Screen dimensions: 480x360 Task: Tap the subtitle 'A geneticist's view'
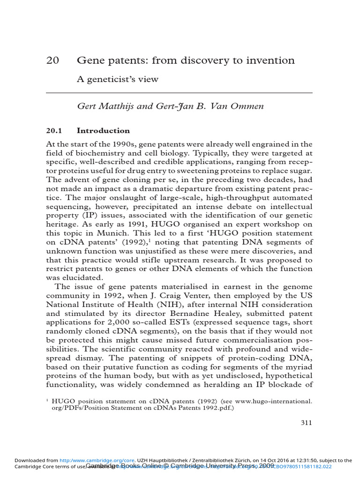(x=117, y=79)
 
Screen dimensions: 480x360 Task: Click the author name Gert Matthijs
(x=105, y=106)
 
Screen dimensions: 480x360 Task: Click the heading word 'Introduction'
(x=103, y=131)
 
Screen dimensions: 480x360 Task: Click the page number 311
(x=306, y=422)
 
